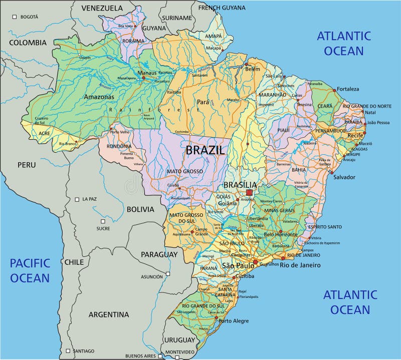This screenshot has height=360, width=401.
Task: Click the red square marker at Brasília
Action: point(249,193)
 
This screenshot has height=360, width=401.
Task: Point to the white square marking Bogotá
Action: point(16,17)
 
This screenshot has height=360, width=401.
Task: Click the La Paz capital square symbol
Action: point(77,199)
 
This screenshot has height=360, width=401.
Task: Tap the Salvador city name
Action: point(344,177)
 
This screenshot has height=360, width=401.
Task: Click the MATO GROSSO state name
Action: point(185,171)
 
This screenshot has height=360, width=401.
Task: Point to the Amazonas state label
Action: point(99,97)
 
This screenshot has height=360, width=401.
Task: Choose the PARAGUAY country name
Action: point(159,254)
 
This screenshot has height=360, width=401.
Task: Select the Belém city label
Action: point(253,69)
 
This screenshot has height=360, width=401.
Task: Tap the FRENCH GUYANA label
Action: point(222,8)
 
